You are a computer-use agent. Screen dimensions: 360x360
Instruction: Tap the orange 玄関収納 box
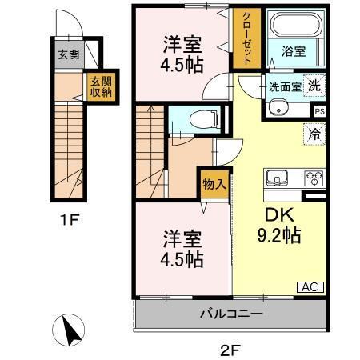[100, 87]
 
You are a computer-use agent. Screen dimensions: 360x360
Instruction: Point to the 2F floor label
[232, 348]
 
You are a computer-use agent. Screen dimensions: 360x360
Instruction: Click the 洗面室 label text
[284, 86]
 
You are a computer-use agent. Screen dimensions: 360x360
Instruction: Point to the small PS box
[319, 111]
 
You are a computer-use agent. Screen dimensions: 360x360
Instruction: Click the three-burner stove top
[312, 178]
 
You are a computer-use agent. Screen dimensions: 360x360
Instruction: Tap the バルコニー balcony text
[231, 314]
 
